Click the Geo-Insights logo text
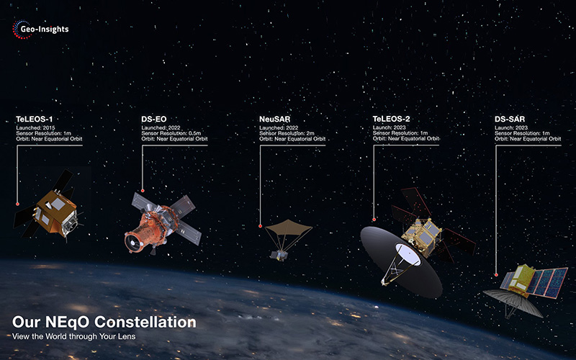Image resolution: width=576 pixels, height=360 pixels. pos(45,30)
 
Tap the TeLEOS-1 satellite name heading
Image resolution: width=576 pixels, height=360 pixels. pos(34,119)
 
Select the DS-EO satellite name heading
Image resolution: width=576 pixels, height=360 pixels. pos(154,119)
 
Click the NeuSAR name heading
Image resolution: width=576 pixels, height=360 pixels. pos(275,119)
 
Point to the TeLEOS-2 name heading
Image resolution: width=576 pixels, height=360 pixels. pos(391,119)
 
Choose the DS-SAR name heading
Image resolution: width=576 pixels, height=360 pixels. pos(510,119)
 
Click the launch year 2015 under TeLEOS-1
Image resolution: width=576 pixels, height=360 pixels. pos(49,128)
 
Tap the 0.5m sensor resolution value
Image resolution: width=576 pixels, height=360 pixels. pos(194,133)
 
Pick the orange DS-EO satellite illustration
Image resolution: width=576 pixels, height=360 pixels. pos(161,224)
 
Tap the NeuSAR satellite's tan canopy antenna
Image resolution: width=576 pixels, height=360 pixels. pos(289,228)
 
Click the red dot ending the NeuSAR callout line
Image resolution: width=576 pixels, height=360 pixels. pos(261,226)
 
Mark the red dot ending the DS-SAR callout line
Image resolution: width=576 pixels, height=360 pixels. pos(496,275)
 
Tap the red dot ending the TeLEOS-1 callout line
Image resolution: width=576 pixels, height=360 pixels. pos(17,204)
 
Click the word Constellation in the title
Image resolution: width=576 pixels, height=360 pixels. pos(145,322)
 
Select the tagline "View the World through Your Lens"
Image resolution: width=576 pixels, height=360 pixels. pos(74,336)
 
